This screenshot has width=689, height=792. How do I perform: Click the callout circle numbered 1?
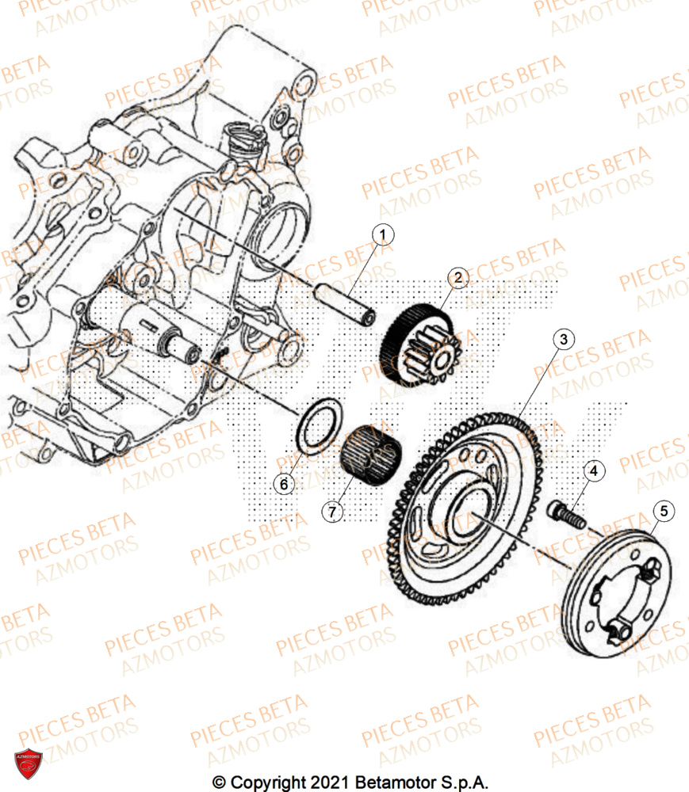point(383,235)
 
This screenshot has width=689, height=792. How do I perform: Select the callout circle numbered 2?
point(457,277)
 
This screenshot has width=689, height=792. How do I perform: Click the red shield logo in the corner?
point(29,762)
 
